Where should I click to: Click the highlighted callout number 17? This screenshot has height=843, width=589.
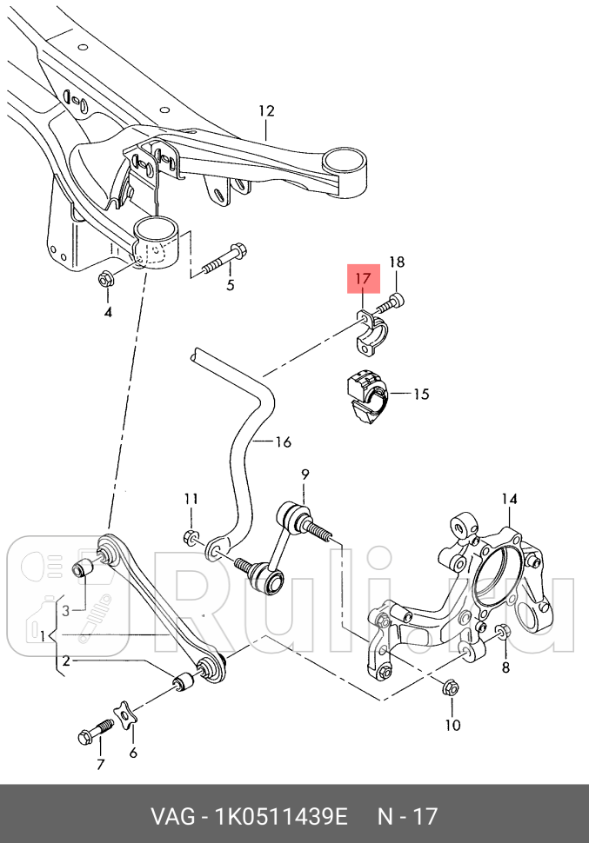pos(364,278)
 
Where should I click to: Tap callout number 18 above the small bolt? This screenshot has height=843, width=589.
pos(396,262)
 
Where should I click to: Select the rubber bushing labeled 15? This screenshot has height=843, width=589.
pos(366,396)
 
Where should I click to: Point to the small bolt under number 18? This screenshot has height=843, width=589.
pos(390,304)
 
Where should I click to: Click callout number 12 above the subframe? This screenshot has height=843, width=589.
pos(266,110)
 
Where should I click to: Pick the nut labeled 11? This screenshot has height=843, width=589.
pos(190,536)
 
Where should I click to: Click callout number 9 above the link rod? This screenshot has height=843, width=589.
pos(305,475)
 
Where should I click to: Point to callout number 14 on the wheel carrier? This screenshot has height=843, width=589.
pos(509,499)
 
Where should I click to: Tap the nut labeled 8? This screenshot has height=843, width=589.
pos(501,633)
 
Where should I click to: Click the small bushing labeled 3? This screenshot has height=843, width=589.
pos(82,568)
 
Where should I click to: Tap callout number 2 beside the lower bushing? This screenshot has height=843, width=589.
pos(66,660)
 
